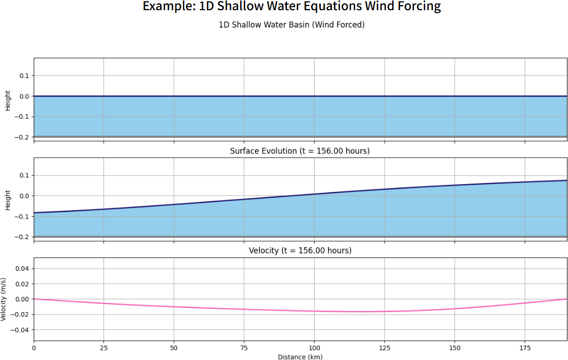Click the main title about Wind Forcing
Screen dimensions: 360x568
tap(292, 7)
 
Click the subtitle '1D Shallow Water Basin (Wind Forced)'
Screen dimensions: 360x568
tap(292, 24)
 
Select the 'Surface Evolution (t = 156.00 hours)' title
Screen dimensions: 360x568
tap(300, 151)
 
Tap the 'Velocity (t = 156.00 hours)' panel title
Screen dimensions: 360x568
tap(300, 251)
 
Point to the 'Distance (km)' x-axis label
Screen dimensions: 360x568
tap(300, 357)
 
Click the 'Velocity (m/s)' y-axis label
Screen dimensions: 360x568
tap(4, 299)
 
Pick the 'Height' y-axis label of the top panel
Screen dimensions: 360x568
tap(8, 100)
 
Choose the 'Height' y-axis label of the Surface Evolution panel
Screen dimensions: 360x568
tap(8, 200)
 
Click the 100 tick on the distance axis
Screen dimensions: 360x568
tap(314, 348)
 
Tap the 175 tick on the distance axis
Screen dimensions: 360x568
tap(525, 348)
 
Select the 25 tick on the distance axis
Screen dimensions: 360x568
tap(104, 348)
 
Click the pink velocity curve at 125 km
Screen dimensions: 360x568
tap(384, 311)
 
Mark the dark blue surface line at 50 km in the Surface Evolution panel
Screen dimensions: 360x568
tap(174, 204)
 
